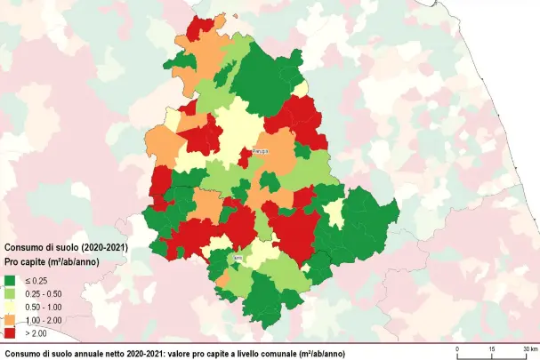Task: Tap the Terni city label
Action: pos(238,259)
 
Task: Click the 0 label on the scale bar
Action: pos(456,348)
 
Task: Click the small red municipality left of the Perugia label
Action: pos(244,158)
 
